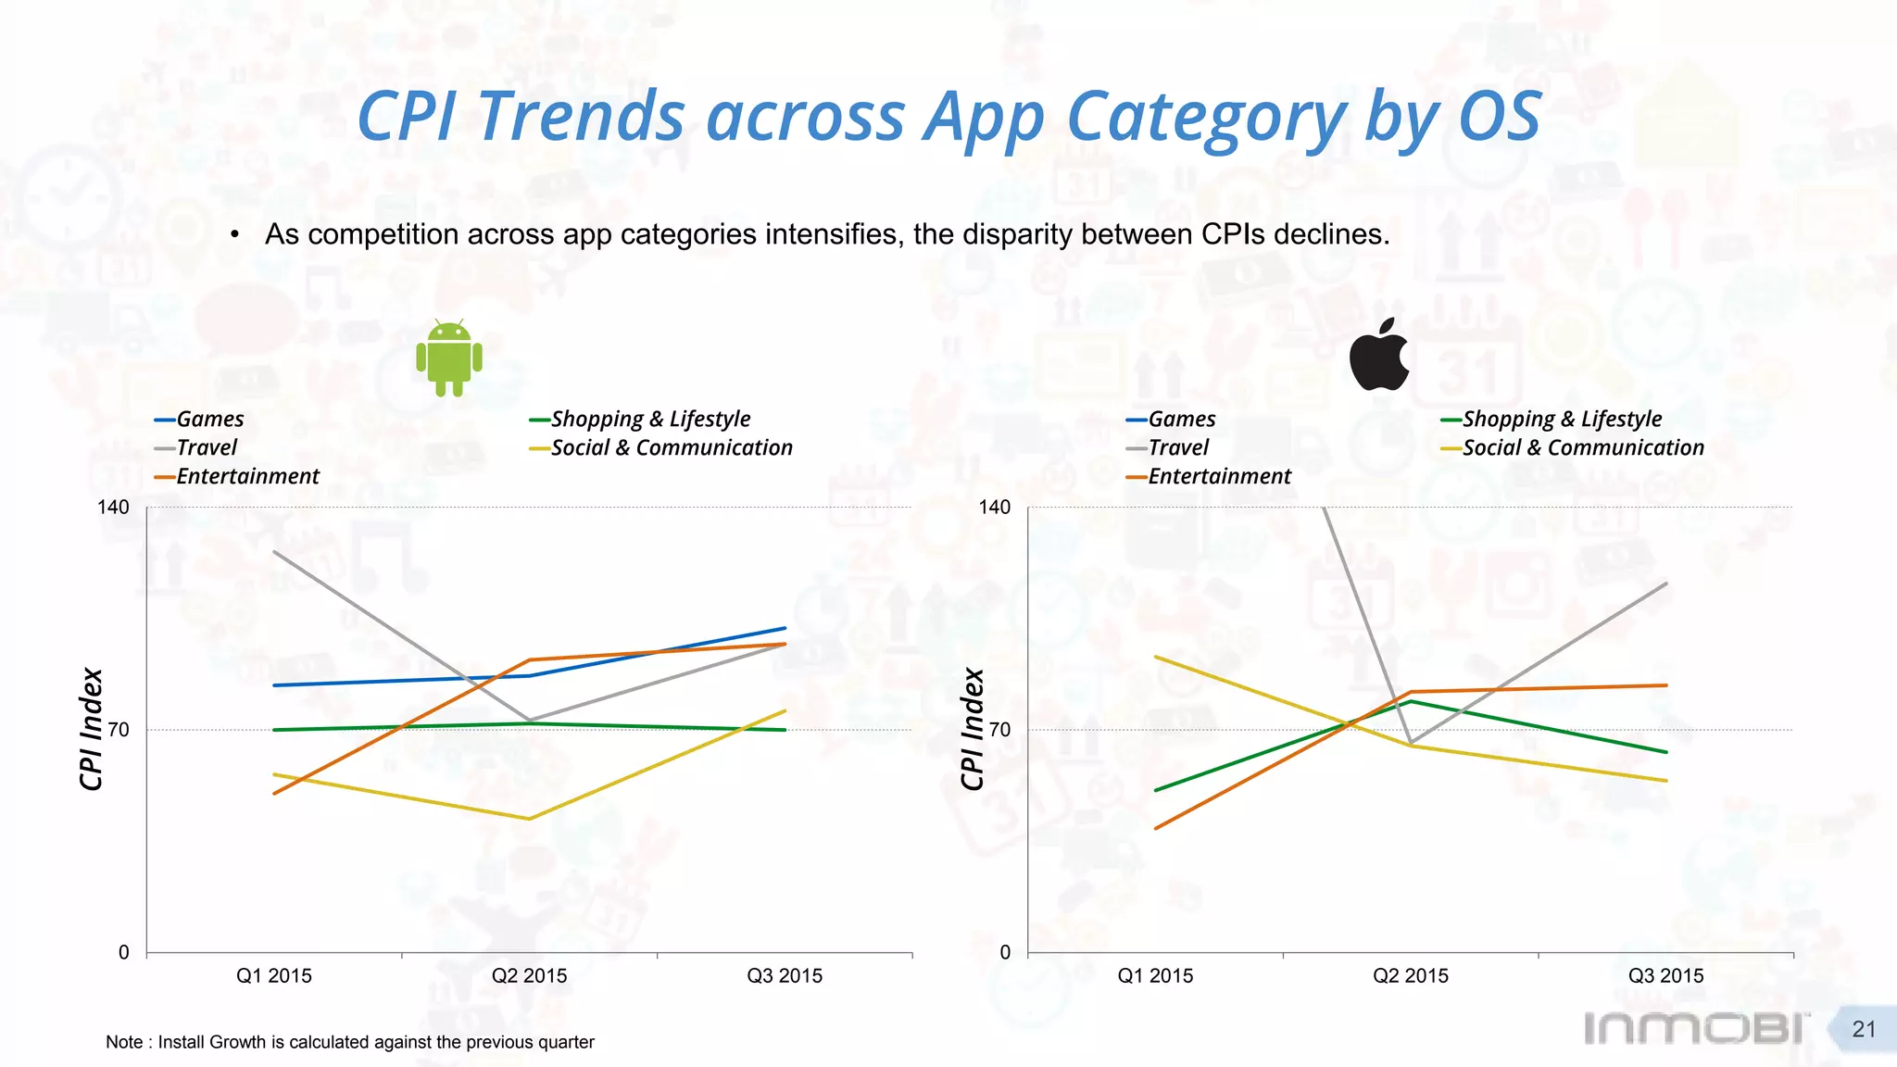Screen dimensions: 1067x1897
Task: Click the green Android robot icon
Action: point(449,358)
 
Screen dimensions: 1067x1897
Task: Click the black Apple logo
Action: point(1378,355)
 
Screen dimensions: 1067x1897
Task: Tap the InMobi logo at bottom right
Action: point(1695,1028)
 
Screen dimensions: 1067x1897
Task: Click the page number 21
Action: point(1864,1029)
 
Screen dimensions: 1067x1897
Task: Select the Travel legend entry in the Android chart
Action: point(206,448)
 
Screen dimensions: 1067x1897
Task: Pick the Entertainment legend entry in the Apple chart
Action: point(1218,477)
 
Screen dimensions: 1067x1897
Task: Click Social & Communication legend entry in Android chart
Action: point(671,448)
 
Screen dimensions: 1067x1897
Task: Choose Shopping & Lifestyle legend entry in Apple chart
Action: point(1562,420)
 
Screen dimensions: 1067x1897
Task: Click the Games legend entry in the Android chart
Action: point(209,420)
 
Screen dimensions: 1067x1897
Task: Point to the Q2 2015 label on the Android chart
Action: point(529,976)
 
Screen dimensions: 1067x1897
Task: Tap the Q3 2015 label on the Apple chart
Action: point(1665,976)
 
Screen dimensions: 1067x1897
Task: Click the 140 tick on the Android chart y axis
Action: point(113,508)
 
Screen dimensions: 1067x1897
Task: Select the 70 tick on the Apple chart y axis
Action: point(999,730)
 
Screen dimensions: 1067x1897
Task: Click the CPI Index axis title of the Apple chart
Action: point(972,730)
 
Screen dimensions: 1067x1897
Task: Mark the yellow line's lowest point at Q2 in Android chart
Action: point(529,819)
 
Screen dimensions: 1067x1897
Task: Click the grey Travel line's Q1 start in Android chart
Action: point(274,552)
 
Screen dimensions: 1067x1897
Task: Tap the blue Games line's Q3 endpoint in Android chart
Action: point(785,629)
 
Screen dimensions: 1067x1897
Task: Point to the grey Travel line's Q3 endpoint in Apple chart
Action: point(1666,584)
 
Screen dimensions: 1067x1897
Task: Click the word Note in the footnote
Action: point(124,1042)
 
